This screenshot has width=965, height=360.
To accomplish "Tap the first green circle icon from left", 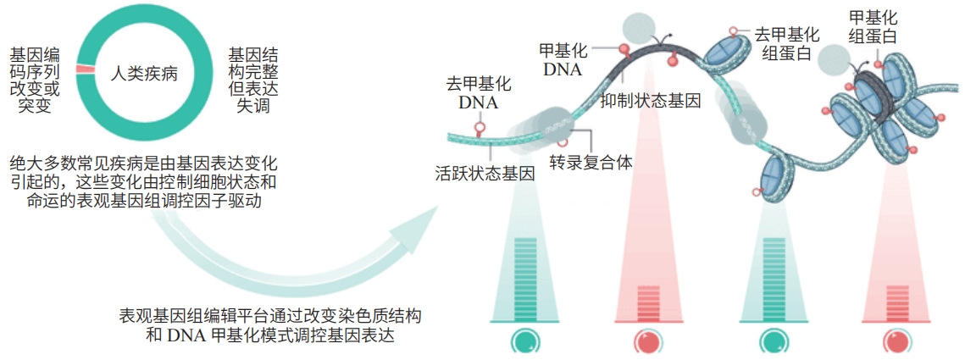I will click(x=525, y=341).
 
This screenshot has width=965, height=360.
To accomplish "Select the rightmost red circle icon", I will click(x=897, y=341).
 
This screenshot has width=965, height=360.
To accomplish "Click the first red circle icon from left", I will click(x=648, y=341).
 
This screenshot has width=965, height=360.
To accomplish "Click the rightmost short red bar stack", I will click(x=897, y=302).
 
